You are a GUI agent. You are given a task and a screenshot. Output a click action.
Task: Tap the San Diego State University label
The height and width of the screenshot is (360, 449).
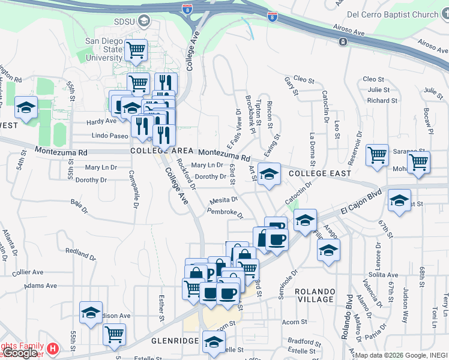point(104,49)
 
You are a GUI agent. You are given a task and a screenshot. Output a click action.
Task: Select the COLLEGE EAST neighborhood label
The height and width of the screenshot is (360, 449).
point(319,173)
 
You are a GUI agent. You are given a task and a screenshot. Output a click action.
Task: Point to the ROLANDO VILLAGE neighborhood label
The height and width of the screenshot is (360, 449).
point(314,295)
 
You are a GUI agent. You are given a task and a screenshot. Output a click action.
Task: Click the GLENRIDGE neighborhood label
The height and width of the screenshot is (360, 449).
point(175,340)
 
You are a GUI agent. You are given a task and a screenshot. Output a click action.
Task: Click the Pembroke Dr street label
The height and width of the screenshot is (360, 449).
point(225,212)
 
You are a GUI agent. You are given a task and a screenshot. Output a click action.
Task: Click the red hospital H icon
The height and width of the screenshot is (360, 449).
point(52,347)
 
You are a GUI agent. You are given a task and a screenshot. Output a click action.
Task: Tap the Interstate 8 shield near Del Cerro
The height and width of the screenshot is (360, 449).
point(273,18)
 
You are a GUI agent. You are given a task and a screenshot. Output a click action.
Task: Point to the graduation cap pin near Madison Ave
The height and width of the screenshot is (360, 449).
point(91,313)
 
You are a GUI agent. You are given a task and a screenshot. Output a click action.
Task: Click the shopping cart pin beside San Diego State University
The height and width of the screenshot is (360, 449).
point(137,52)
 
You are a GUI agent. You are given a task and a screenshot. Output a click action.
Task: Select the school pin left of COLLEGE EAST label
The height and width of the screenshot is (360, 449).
point(269,175)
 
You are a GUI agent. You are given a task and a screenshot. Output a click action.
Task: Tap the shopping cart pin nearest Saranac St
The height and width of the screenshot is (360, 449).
point(377,155)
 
